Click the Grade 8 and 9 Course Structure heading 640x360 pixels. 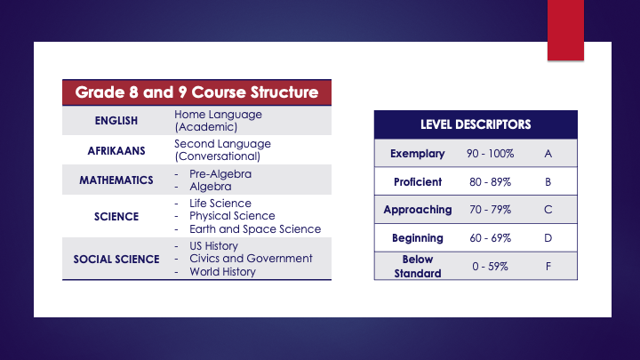point(196,92)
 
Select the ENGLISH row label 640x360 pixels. point(116,122)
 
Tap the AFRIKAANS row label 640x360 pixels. point(116,150)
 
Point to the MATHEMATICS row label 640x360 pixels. point(116,180)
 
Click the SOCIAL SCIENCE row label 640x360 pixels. point(116,259)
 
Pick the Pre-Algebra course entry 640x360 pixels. point(220,173)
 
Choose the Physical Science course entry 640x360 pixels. point(232,215)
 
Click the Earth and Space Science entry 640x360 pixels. point(254,228)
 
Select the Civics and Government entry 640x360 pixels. point(251,258)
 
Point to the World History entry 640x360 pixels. point(222,271)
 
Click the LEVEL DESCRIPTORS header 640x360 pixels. point(476,124)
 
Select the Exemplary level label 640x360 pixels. point(417,154)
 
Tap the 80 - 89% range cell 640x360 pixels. point(490,182)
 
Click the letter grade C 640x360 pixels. point(548,210)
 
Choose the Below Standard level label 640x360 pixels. point(417,266)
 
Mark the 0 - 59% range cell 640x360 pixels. point(490,266)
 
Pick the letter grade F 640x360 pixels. point(548,266)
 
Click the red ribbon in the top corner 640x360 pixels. point(571,28)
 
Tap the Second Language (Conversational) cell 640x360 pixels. point(222,149)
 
